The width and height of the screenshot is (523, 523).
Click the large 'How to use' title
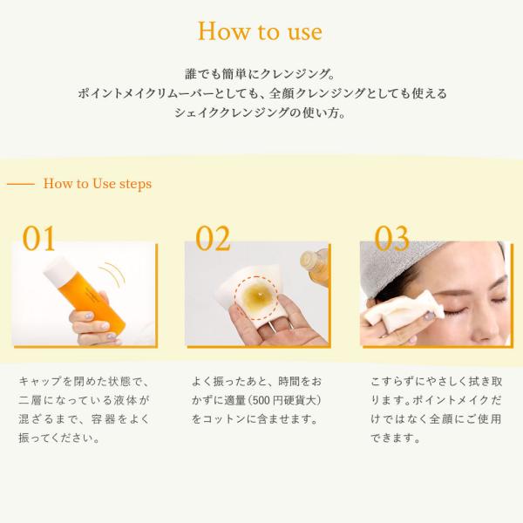pyautogui.click(x=260, y=31)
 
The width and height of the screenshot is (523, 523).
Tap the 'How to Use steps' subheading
pyautogui.click(x=98, y=184)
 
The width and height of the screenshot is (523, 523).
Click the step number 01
pyautogui.click(x=38, y=238)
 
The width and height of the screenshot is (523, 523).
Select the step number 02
pyautogui.click(x=213, y=238)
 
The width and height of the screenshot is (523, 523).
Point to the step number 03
pyautogui.click(x=391, y=238)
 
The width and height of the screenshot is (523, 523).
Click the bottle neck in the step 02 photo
pyautogui.click(x=312, y=261)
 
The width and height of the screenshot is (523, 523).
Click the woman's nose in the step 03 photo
pyautogui.click(x=490, y=329)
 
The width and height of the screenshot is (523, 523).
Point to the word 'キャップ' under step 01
pyautogui.click(x=40, y=381)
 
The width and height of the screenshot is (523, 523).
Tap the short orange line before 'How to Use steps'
pyautogui.click(x=21, y=184)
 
